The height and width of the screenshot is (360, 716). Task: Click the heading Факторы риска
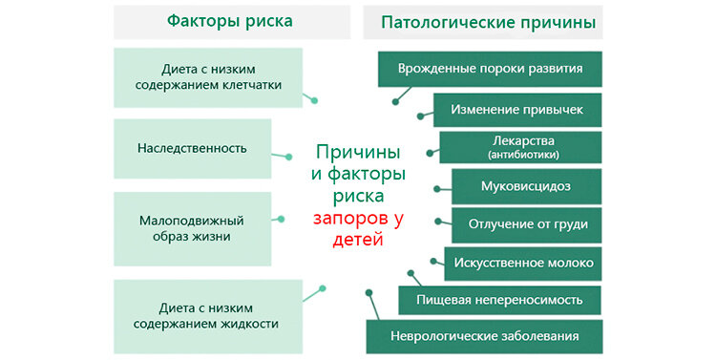(x=229, y=21)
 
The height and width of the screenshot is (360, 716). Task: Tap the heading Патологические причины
(x=488, y=21)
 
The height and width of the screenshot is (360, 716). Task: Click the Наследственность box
(x=192, y=148)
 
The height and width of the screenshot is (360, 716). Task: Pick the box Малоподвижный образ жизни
(x=192, y=227)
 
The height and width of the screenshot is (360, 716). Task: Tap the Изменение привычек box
(x=516, y=109)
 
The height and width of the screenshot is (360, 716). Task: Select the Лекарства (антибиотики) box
(x=521, y=146)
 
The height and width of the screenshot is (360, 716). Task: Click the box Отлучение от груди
(x=527, y=224)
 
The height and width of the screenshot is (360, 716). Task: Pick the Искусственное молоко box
(x=524, y=263)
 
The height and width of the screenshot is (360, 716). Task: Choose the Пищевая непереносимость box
(x=498, y=299)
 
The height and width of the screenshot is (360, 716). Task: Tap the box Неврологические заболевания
(x=485, y=336)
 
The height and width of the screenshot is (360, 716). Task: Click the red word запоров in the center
(x=350, y=219)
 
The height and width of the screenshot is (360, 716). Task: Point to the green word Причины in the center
(x=358, y=153)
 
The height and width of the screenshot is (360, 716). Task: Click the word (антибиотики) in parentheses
(x=521, y=154)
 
